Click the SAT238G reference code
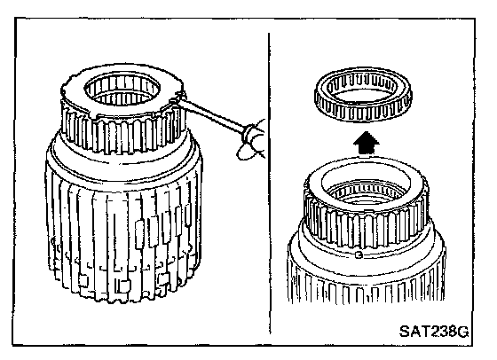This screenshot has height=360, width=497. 434,332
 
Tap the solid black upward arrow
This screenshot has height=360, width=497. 366,144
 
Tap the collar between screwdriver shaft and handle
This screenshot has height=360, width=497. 248,134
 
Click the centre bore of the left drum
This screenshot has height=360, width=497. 122,89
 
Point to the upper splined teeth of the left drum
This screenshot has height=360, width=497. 122,133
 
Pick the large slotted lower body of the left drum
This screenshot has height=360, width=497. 122,240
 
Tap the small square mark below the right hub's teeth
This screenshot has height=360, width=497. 359,254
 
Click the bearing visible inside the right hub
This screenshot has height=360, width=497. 366,192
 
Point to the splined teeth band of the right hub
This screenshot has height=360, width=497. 366,226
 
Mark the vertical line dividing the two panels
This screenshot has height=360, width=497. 270,183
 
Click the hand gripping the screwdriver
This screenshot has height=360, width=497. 254,141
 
